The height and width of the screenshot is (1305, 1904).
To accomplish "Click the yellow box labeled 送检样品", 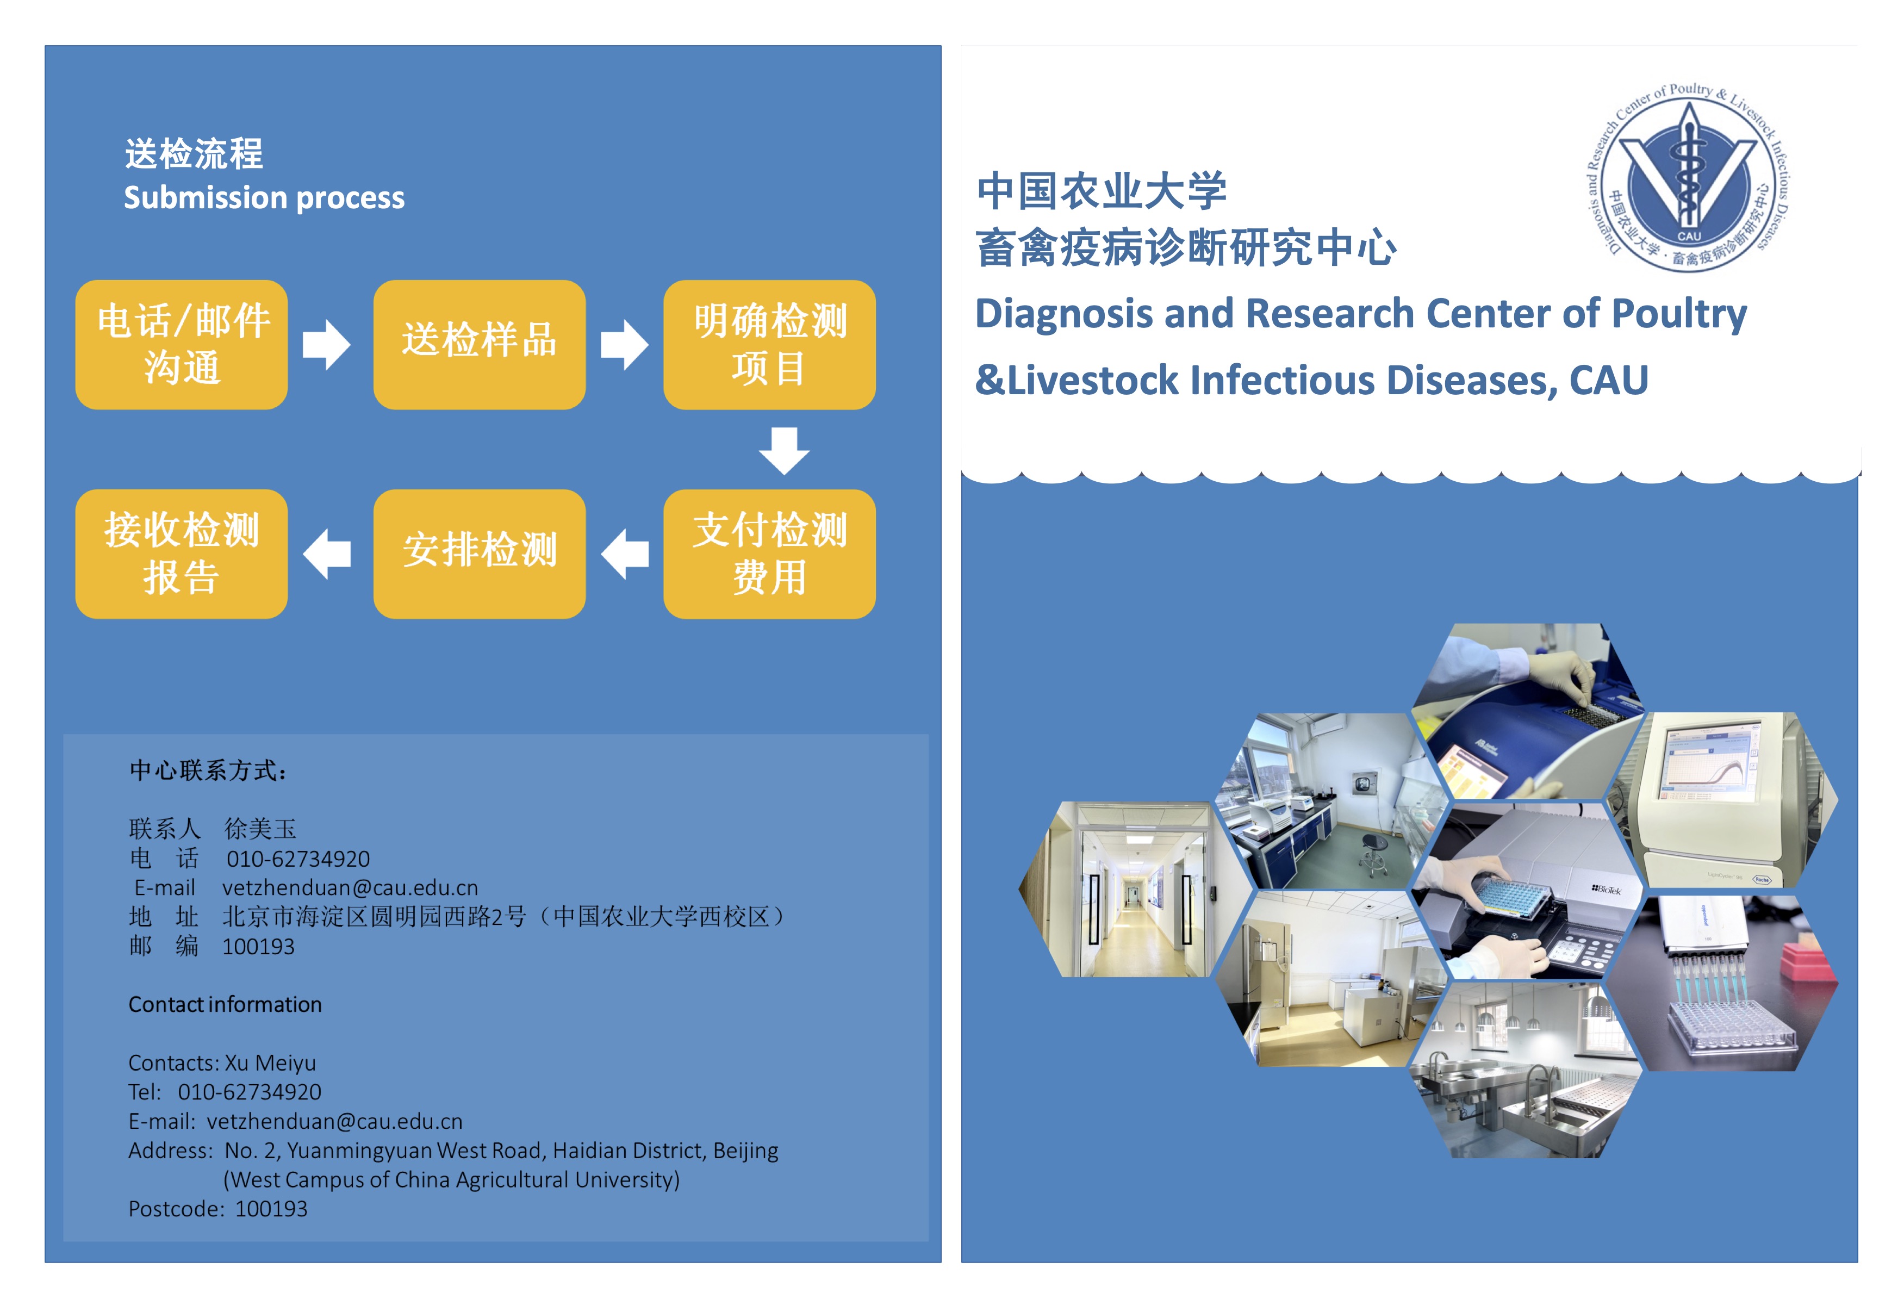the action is pos(480,344).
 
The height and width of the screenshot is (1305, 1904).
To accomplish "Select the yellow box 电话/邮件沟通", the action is pos(181,344).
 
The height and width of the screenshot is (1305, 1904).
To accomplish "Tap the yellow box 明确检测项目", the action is pos(769,344).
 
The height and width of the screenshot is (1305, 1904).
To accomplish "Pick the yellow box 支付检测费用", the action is pos(769,554).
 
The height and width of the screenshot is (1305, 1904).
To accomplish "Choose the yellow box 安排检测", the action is pos(480,554).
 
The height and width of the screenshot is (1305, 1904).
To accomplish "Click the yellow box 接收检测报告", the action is pos(181,554).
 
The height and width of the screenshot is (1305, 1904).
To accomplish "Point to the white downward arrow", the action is pos(784,450).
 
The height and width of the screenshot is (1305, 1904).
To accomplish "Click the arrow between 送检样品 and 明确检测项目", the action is pos(624,344).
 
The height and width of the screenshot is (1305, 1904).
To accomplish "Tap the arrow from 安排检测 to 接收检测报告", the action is pos(327,554).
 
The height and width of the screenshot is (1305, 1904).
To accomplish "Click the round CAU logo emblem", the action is pos(1689,177).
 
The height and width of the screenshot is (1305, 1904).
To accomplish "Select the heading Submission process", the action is pos(264,197).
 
